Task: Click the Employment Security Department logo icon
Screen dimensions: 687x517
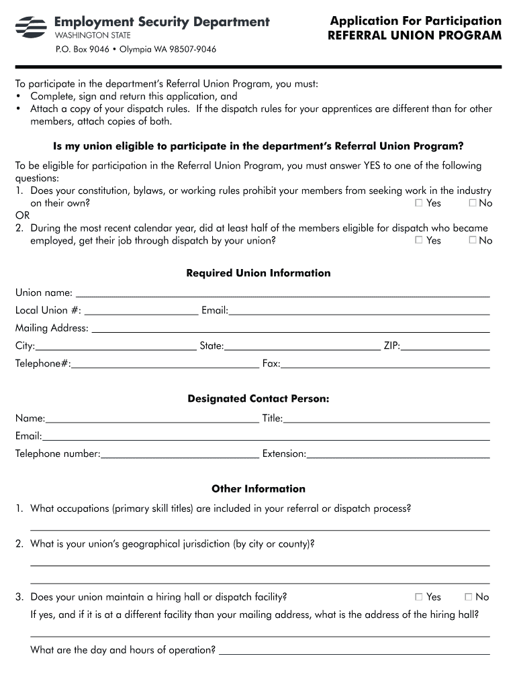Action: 31,27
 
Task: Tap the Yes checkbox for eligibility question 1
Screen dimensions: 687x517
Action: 419,203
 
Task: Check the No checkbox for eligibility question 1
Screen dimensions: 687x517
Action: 472,203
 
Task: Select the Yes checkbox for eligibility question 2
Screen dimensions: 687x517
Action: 419,240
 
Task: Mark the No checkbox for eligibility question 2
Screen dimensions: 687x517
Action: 472,240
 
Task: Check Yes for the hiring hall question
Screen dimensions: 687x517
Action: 419,596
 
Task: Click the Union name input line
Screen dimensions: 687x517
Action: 282,294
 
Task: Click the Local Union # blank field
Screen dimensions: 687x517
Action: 141,311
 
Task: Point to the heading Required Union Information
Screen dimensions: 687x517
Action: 258,273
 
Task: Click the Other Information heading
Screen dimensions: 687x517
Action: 258,488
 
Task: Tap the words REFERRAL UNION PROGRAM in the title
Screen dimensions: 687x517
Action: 414,36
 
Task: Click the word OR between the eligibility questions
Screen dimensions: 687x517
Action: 22,215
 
